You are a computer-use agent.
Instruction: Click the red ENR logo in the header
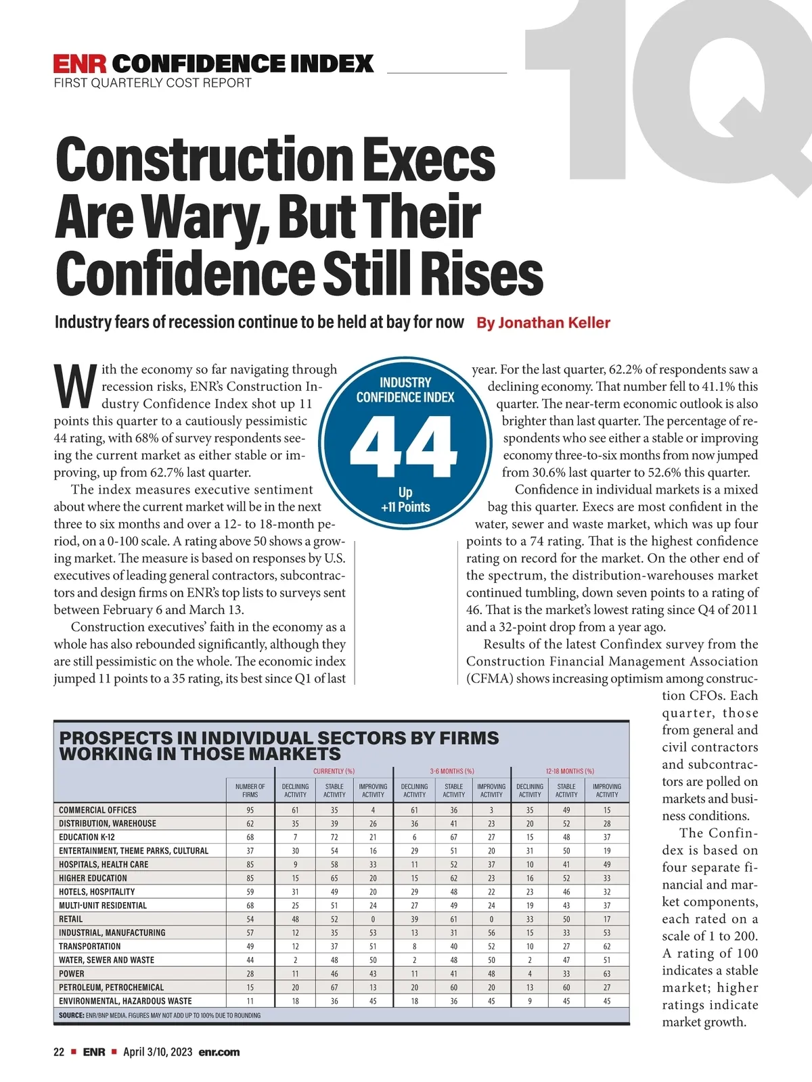click(80, 64)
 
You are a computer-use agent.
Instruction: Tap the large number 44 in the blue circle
click(405, 444)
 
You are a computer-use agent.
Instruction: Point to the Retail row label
click(71, 919)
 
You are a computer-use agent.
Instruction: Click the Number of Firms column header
click(250, 791)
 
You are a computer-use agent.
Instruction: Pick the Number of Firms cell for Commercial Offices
click(250, 810)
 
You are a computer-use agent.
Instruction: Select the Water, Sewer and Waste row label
click(106, 960)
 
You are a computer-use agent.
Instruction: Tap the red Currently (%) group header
click(334, 771)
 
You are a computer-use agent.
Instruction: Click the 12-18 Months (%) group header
click(570, 771)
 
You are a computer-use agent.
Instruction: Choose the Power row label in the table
click(72, 974)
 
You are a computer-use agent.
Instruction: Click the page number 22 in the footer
click(59, 1052)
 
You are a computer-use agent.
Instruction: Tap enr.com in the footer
click(219, 1052)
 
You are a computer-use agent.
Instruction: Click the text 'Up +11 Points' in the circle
click(405, 500)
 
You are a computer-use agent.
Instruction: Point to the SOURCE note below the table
click(159, 1015)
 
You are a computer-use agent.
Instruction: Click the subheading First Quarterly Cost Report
click(152, 83)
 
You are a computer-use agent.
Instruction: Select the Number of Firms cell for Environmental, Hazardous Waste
click(250, 1001)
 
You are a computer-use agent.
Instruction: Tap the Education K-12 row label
click(87, 837)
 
